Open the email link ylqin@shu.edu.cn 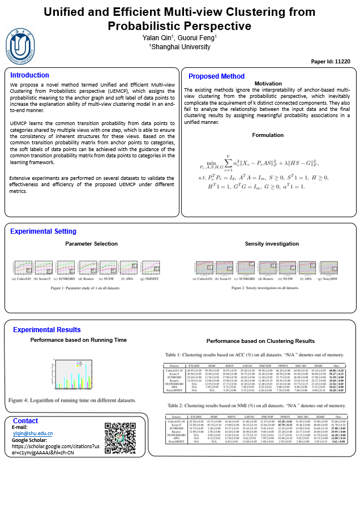32,433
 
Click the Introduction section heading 29,75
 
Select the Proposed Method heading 216,76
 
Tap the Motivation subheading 268,84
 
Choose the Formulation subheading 268,135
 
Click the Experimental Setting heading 43,231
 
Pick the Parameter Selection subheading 92,244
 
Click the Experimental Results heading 46,329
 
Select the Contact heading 25,421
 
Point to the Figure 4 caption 72,400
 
